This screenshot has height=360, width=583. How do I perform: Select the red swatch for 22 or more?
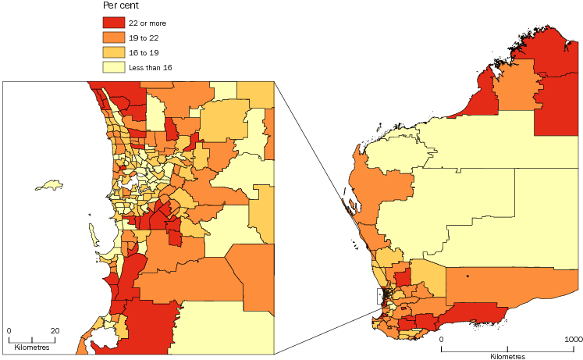click(114, 23)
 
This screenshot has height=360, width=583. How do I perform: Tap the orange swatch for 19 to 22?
click(114, 37)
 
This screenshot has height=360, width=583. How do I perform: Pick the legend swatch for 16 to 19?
click(114, 52)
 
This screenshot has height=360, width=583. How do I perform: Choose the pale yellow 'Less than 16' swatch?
click(114, 67)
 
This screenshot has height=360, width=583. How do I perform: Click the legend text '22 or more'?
click(148, 23)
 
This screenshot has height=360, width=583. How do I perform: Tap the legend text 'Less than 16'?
click(151, 67)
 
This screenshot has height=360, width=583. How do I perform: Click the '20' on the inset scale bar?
click(55, 330)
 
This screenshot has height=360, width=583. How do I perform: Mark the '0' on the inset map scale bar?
click(9, 330)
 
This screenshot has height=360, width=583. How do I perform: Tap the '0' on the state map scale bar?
click(441, 340)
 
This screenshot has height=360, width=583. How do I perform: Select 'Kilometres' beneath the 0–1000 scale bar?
click(507, 356)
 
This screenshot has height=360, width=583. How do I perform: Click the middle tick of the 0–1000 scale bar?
click(507, 348)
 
